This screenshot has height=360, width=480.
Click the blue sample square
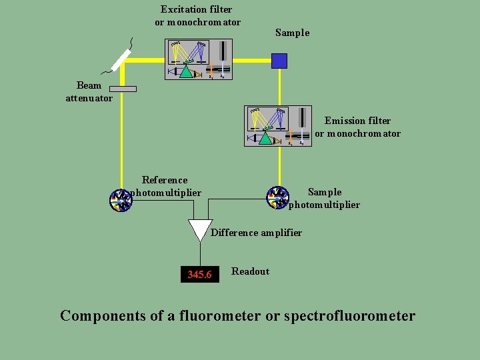click(279, 61)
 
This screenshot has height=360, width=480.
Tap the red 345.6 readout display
click(199, 274)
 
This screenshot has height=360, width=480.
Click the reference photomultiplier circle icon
click(121, 199)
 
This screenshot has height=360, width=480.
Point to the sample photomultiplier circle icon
click(277, 197)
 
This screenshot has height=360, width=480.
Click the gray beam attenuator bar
click(123, 89)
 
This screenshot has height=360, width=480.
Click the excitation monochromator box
click(198, 59)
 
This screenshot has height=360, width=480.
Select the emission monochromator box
click(277, 126)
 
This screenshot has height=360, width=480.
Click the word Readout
click(250, 271)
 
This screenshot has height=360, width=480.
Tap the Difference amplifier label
click(256, 233)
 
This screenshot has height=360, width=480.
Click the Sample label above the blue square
click(292, 33)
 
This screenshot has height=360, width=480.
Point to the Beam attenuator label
click(89, 91)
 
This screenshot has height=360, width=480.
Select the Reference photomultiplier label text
click(165, 186)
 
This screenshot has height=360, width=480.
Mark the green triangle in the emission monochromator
click(266, 138)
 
